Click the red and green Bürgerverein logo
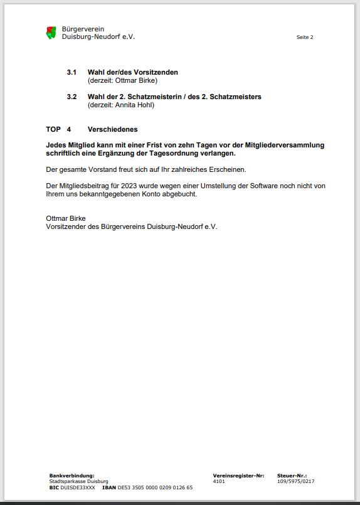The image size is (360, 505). [51, 33]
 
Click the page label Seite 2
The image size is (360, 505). [305, 37]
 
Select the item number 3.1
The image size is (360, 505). [71, 72]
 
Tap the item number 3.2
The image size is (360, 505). [71, 97]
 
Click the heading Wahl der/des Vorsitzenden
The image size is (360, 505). [132, 72]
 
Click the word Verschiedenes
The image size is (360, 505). [112, 129]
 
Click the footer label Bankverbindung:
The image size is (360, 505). [71, 476]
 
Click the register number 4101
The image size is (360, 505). [219, 481]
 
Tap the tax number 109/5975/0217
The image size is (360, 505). [295, 481]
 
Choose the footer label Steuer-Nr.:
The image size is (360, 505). [292, 476]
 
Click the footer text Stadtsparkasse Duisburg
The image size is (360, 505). [78, 481]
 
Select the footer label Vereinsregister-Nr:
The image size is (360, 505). [238, 476]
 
